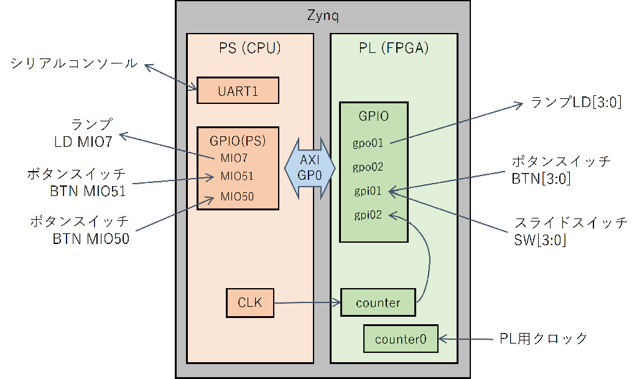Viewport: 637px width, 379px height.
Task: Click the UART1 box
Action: tap(238, 90)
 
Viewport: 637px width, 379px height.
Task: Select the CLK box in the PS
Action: tap(249, 303)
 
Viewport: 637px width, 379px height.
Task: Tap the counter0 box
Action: tap(401, 339)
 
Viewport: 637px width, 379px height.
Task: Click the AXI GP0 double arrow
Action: tap(310, 168)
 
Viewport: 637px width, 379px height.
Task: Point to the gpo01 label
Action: tap(368, 144)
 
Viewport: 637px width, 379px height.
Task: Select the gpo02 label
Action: tap(368, 167)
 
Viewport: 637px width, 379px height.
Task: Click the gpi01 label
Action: tap(368, 191)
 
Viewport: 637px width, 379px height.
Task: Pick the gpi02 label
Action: tap(368, 215)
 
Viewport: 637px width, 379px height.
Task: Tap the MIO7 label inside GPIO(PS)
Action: tap(233, 157)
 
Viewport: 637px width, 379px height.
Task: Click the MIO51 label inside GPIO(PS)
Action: tap(236, 176)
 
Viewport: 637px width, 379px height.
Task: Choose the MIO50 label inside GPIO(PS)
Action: tap(236, 197)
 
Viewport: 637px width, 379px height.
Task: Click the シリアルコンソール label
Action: tap(74, 63)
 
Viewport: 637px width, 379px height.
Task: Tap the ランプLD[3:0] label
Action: tap(576, 101)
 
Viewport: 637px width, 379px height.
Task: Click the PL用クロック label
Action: tap(544, 339)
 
